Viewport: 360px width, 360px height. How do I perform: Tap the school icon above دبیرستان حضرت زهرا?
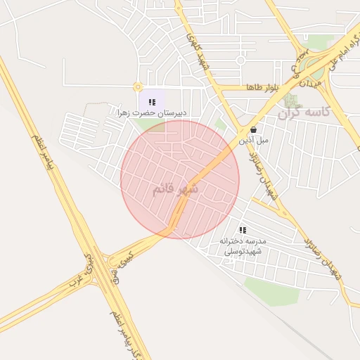(152, 102)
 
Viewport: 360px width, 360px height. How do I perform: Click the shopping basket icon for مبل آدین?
(253, 129)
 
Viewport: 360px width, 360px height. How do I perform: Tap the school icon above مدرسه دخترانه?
(243, 230)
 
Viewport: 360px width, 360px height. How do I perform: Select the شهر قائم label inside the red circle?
(175, 189)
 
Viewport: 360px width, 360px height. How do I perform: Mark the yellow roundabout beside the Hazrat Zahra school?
(135, 87)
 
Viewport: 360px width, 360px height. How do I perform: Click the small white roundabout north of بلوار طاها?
(240, 60)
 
